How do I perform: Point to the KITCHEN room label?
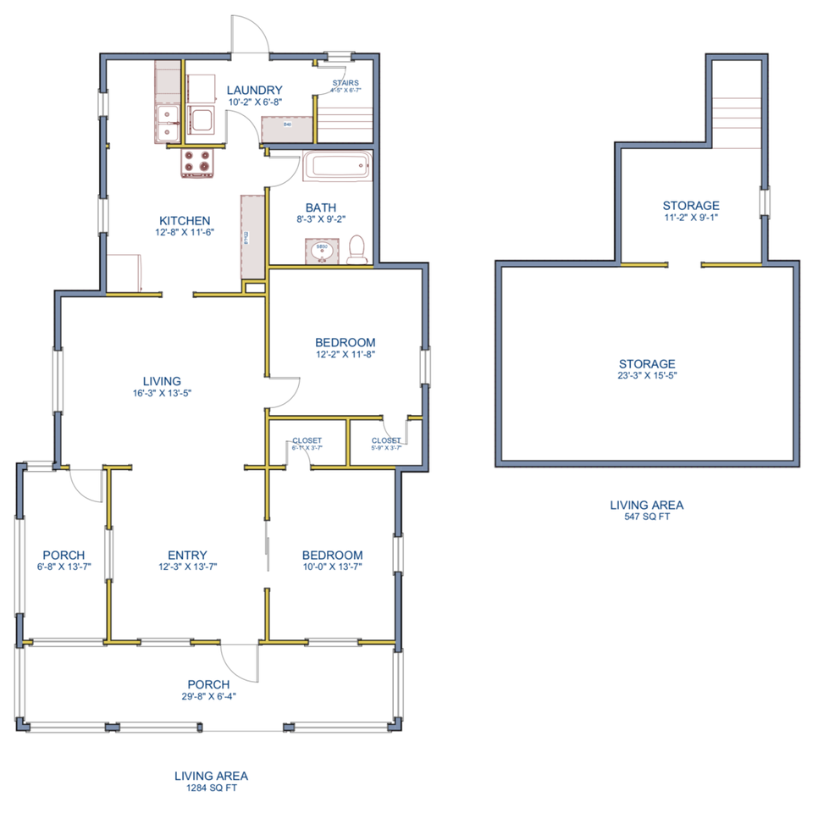[185, 221]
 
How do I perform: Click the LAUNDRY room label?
[255, 91]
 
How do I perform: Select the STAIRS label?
[346, 83]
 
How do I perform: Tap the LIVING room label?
[162, 381]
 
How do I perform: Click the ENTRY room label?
[188, 556]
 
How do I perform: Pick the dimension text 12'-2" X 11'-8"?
[346, 355]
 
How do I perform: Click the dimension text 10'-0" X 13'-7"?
[333, 567]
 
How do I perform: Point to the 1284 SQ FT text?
[211, 788]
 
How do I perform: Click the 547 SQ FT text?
[646, 517]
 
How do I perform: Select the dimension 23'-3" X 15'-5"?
[646, 375]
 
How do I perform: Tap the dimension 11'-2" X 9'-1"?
[691, 217]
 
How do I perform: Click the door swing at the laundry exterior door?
[252, 38]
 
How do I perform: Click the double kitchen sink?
[168, 121]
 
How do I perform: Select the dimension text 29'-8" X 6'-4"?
[208, 697]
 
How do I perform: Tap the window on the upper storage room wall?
[765, 203]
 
